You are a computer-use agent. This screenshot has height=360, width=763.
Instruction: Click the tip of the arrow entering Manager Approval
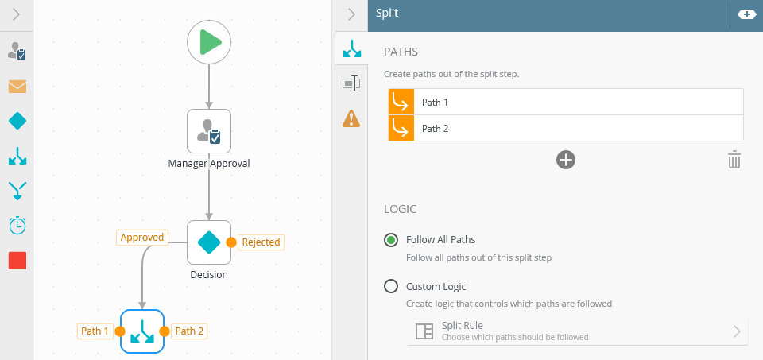209,109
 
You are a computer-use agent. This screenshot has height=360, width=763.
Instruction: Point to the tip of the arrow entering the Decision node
209,220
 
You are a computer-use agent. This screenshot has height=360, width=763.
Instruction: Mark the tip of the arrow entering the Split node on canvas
142,309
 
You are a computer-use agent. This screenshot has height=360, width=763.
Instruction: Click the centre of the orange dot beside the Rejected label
231,242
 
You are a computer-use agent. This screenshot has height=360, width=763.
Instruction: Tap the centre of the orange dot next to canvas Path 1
120,331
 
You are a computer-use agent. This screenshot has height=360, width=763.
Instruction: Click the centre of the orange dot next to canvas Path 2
165,331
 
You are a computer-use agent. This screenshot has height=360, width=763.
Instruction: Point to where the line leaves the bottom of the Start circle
209,64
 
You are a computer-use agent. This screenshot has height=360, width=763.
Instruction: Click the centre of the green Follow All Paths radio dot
391,240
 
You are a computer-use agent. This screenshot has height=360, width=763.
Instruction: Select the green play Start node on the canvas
209,42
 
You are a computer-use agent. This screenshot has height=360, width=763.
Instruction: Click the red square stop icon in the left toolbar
17,261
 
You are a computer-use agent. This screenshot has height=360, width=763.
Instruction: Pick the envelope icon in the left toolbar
17,87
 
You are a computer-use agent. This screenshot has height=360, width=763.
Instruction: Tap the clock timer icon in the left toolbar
17,225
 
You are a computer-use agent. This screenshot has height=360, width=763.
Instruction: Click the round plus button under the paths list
566,160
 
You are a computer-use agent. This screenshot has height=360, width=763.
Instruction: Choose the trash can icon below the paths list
734,160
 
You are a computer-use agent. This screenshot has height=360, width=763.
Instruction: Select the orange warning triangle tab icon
351,118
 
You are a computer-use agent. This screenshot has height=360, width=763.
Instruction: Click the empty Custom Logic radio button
391,286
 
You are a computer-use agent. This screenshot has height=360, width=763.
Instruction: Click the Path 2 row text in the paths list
435,129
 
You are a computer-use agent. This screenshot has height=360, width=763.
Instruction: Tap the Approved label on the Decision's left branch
142,238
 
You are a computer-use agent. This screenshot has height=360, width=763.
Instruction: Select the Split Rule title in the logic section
463,326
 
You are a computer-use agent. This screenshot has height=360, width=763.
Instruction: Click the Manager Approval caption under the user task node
209,163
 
